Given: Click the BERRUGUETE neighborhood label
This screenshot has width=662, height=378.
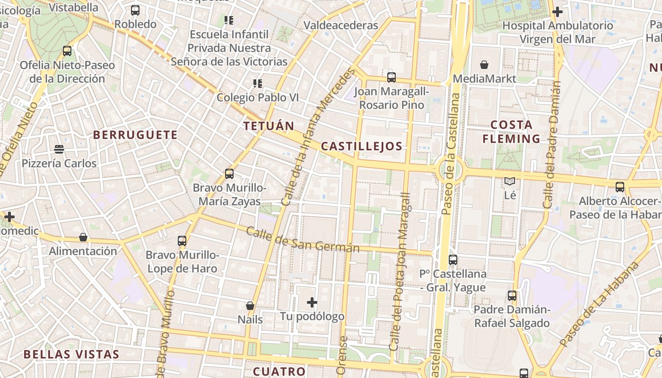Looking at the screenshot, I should tap(135, 135).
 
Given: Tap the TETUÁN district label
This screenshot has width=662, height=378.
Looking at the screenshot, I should tap(269, 126).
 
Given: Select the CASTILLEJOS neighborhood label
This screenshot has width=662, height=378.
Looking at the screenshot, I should tap(362, 146).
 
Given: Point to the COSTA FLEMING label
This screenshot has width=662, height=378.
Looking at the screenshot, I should tap(511, 132).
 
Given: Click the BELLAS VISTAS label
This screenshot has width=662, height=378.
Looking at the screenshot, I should tap(71, 354).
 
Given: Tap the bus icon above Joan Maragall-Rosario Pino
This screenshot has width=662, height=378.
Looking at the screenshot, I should tap(392, 77).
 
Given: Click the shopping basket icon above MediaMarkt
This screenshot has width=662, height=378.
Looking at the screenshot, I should tap(484, 65).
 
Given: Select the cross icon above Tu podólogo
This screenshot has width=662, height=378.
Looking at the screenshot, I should tap(312, 302).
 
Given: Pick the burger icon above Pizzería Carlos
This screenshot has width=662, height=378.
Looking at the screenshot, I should tap(59, 149).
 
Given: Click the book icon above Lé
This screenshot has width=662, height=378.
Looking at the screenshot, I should tap(510, 181).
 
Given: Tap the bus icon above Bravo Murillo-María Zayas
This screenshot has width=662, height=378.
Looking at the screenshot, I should tap(229, 174).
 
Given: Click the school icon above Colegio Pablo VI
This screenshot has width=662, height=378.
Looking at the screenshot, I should tap(258, 84).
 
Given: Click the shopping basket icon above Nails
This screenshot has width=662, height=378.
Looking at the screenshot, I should tap(250, 306).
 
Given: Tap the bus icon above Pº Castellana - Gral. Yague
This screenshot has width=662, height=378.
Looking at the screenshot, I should tap(453, 259).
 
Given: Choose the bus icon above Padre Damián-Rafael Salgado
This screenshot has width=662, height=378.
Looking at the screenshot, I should tap(512, 296).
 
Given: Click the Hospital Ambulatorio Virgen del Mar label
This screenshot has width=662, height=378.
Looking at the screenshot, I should tap(557, 32).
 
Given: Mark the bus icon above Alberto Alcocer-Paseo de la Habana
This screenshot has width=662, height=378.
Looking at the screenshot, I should tap(620, 187).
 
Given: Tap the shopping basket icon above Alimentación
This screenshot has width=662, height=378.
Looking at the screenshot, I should tap(83, 237).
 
